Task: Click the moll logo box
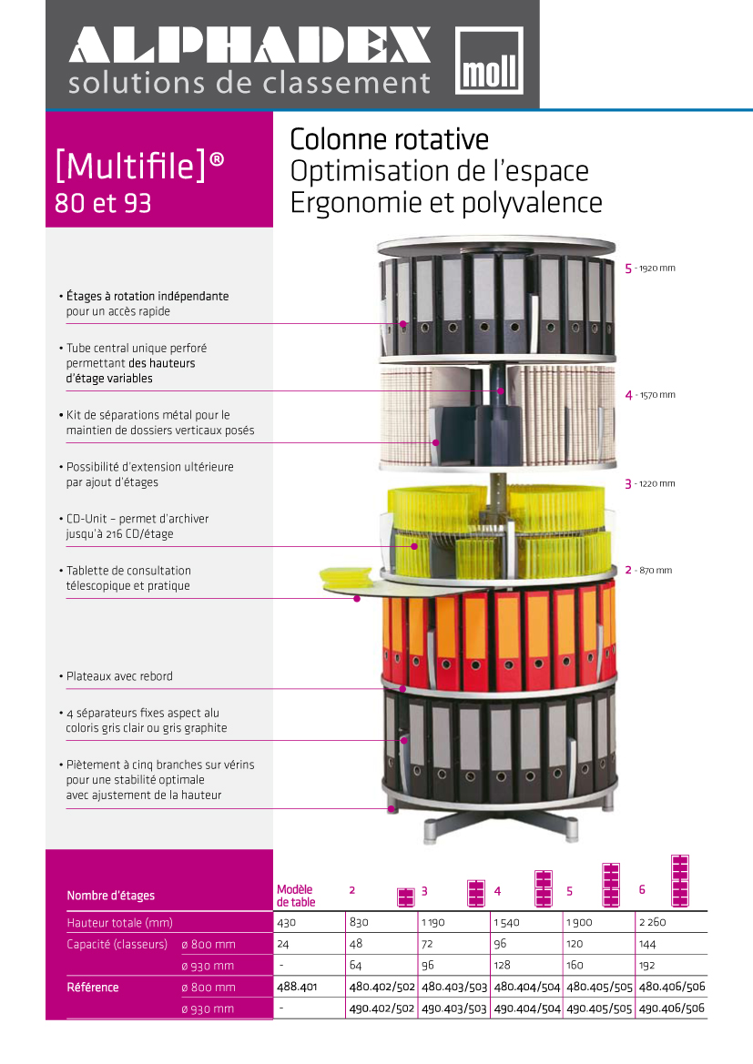tap(489, 60)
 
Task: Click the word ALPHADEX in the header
tap(249, 46)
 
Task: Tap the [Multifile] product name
tap(139, 166)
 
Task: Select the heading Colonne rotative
tap(389, 140)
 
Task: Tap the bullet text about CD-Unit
tap(137, 526)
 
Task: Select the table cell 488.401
tap(296, 987)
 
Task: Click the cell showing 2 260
tap(653, 922)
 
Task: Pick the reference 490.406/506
tap(672, 1008)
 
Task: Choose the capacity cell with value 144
tap(647, 944)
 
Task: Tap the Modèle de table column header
tap(295, 896)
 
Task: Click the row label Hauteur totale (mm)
tap(119, 923)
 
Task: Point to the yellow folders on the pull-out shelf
tap(346, 576)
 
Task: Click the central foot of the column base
tap(430, 832)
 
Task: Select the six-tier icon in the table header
tap(679, 881)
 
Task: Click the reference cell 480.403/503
tap(454, 987)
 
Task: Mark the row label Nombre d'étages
tap(111, 896)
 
